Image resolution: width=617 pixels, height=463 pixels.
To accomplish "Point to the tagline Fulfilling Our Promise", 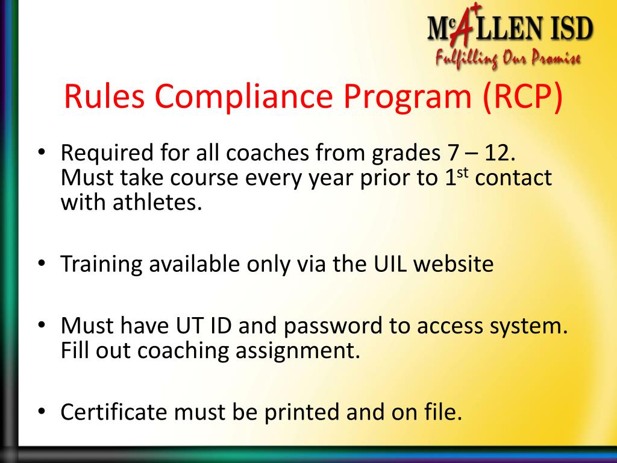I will point(508,58).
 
